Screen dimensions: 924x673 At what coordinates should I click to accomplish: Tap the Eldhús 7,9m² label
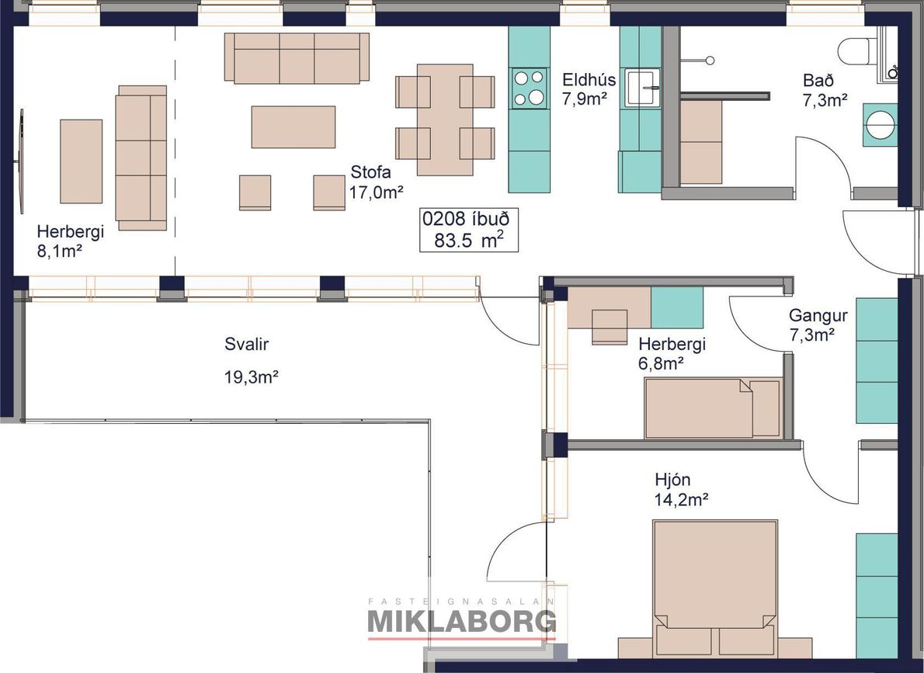click(588, 89)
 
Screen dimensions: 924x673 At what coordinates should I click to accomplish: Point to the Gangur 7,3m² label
click(818, 324)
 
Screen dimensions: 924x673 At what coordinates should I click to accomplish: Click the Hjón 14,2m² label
click(681, 489)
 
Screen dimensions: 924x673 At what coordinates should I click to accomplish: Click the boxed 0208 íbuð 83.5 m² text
click(469, 230)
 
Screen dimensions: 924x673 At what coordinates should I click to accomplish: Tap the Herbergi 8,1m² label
click(70, 241)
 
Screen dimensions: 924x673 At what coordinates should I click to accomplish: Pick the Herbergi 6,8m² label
click(672, 353)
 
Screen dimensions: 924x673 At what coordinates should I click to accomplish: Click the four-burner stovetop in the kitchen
click(528, 88)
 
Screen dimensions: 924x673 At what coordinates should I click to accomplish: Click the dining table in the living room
click(445, 120)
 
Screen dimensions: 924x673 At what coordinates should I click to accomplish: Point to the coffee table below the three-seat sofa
click(294, 127)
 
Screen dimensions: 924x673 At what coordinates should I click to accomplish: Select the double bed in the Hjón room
click(715, 588)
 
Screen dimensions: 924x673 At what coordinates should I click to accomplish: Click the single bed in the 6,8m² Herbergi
click(713, 408)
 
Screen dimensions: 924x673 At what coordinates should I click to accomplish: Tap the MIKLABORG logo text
click(461, 621)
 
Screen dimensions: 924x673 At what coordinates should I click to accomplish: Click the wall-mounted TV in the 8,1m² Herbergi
click(20, 161)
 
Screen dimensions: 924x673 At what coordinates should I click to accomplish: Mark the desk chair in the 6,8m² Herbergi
click(610, 326)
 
